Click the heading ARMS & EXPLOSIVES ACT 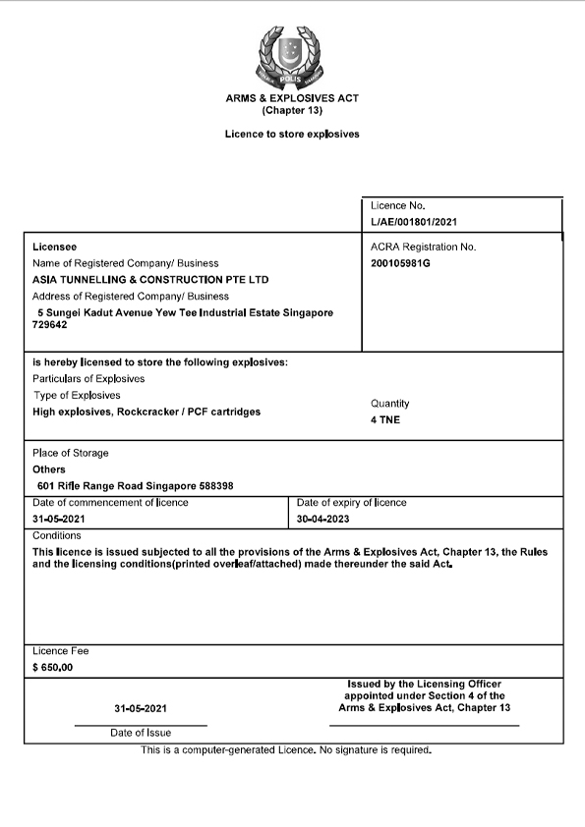click(x=292, y=99)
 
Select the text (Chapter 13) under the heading click(x=292, y=111)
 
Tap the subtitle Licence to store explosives click(x=292, y=134)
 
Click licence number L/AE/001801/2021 click(x=414, y=223)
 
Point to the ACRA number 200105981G click(x=400, y=264)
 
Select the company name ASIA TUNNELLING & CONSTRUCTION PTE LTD click(x=150, y=280)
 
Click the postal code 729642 click(x=51, y=325)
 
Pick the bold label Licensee click(x=54, y=247)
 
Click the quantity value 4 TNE click(x=385, y=420)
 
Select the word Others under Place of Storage click(x=49, y=469)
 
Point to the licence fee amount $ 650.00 click(x=53, y=667)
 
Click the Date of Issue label click(x=141, y=733)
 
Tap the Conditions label click(x=57, y=536)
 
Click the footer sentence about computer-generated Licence click(x=286, y=750)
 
